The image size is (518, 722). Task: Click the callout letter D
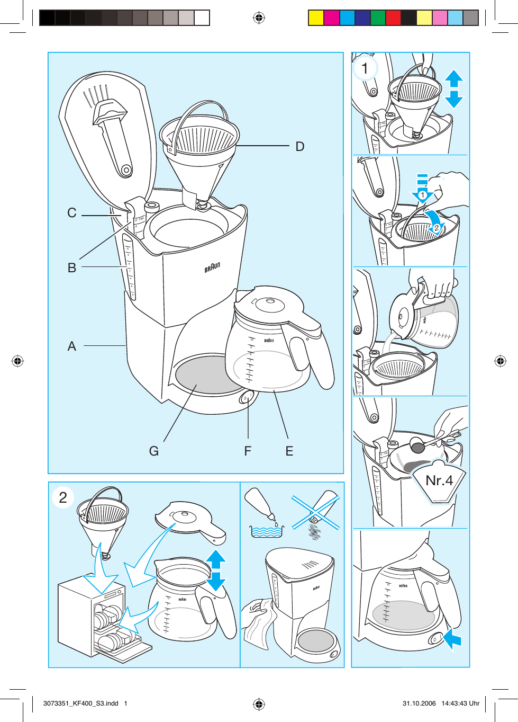pos(300,147)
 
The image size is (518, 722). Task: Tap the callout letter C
pos(72,213)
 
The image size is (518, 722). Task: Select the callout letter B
pos(72,268)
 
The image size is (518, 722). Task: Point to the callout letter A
pos(72,346)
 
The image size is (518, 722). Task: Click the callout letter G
pos(154,451)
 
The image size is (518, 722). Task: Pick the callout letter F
pos(248,451)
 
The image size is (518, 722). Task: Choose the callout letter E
pos(289,451)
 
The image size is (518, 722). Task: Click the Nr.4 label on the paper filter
pos(439,481)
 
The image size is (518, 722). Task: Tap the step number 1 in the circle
pos(365,68)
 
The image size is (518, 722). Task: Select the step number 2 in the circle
pos(63,497)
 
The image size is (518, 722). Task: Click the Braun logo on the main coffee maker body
pos(212,268)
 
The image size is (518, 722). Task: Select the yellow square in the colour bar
pos(316,18)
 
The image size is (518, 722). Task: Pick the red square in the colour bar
pos(393,18)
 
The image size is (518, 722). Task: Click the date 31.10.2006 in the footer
pos(419,703)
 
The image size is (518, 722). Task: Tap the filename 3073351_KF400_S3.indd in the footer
pos(80,703)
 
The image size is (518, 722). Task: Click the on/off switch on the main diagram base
pos(247,397)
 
